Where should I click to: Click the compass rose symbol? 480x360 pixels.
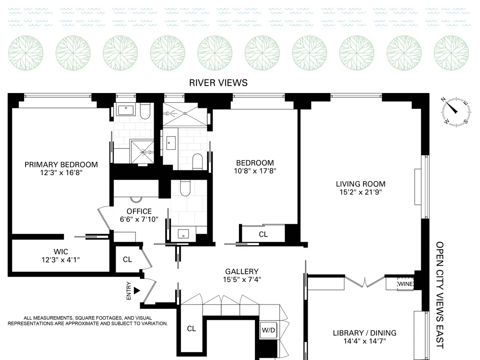(x=456, y=112)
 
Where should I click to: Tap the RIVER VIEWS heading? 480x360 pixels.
(x=218, y=83)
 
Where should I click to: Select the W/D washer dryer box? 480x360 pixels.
(x=268, y=330)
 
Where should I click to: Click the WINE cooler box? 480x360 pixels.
(x=405, y=284)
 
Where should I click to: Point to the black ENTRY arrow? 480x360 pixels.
(x=137, y=291)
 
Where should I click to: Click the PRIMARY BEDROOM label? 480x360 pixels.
(x=61, y=165)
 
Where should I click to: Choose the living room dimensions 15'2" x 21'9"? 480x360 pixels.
(x=361, y=192)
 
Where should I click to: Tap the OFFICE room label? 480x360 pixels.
(x=139, y=211)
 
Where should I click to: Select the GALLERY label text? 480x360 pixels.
(x=242, y=271)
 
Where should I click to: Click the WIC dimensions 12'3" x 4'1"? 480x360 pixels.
(x=61, y=260)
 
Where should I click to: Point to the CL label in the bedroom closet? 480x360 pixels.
(x=263, y=234)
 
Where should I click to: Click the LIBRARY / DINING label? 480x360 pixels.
(x=364, y=333)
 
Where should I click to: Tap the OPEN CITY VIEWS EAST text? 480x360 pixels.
(x=439, y=295)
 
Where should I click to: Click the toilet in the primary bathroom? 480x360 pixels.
(x=145, y=111)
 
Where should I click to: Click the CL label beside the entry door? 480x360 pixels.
(x=127, y=259)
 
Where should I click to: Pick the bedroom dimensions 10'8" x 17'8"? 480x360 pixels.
(x=255, y=171)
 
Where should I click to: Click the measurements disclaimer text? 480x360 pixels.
(x=88, y=321)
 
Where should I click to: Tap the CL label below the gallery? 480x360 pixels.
(x=191, y=328)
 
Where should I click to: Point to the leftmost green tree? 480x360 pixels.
(x=25, y=53)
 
